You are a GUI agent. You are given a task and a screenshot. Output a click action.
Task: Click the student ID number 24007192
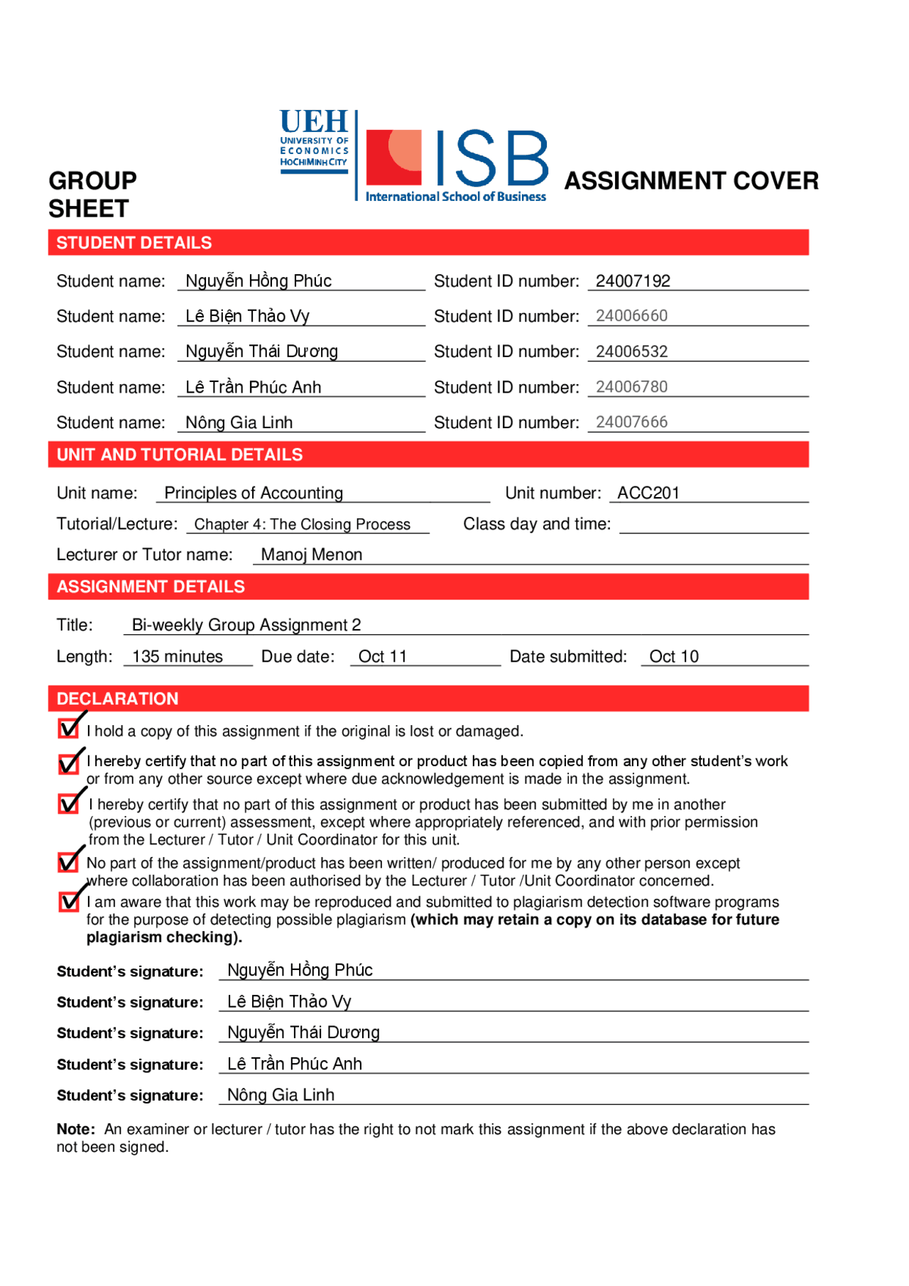tap(632, 281)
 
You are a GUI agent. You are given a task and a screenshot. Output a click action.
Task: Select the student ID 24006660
tap(631, 316)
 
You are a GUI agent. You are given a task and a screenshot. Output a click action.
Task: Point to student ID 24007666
tap(631, 423)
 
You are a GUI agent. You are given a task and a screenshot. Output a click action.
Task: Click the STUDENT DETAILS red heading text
tap(134, 243)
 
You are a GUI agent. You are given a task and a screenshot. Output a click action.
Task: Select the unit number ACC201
tap(648, 493)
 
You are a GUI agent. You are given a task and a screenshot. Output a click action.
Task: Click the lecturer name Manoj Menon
tap(311, 555)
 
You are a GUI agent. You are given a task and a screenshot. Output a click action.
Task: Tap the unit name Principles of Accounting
tap(254, 493)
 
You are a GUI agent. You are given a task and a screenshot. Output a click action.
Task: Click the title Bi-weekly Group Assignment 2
tap(246, 625)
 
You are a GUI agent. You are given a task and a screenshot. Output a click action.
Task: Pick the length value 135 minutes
tap(178, 657)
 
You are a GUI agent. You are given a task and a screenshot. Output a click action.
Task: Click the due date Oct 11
tap(382, 657)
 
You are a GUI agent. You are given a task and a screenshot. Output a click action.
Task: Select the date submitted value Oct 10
tap(673, 657)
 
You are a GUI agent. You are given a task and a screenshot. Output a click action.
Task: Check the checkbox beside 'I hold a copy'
tap(69, 729)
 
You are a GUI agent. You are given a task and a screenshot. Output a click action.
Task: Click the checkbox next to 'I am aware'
tap(69, 901)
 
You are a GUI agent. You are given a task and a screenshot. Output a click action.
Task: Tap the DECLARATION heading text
tap(117, 699)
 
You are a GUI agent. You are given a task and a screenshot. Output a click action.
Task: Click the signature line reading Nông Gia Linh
tap(281, 1095)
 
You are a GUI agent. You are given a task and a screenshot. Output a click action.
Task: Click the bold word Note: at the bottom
tap(75, 1129)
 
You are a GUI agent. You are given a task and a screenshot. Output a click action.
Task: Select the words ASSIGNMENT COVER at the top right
tap(691, 181)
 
